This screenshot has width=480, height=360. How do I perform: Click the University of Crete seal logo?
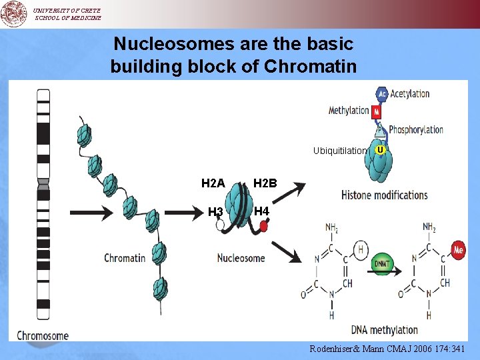coord(13,13)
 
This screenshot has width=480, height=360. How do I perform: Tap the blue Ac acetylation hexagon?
coord(382,95)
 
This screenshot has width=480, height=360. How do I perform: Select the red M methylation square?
coord(377,111)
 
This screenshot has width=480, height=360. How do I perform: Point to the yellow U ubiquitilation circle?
coord(379,150)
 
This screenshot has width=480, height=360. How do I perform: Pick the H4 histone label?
coord(262,211)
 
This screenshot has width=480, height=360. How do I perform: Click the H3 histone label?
coord(215,213)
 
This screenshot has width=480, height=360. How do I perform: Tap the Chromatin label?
coord(125,258)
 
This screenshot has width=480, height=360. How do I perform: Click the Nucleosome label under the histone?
coord(241,258)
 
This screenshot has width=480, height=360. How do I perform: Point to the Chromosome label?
coord(43,335)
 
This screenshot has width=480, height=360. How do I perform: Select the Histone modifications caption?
coord(384,195)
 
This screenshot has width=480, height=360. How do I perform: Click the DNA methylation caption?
coord(384,330)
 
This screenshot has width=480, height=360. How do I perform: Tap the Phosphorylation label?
coord(416,129)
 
